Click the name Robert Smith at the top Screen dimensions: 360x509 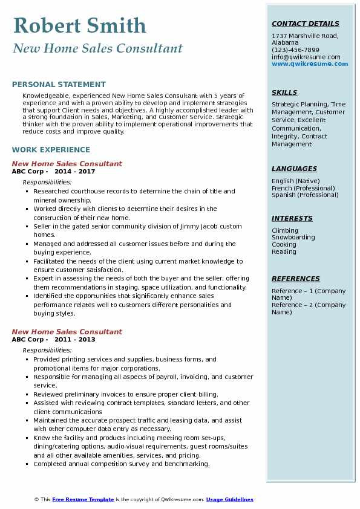pos(79,25)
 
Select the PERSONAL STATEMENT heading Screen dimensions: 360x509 pos(59,85)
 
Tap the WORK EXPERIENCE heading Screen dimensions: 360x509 pos(51,150)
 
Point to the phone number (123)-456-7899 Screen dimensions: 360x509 pos(295,50)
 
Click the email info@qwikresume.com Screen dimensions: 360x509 pos(306,57)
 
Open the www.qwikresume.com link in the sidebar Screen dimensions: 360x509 pos(306,63)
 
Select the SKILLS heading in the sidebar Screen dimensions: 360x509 pos(284,93)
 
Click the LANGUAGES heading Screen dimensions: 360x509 pos(294,169)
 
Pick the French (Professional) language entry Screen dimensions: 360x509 pos(303,188)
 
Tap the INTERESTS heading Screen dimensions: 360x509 pos(292,219)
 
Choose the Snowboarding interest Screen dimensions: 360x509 pos(293,238)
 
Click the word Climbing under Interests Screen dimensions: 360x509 pos(285,230)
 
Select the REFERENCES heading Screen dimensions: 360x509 pos(296,279)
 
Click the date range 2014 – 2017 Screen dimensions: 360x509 pos(74,172)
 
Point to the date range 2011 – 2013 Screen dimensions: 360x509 pos(74,340)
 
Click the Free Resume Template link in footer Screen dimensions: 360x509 pos(83,500)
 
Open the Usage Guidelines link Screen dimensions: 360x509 pos(229,500)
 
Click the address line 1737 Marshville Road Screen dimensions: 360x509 pos(305,36)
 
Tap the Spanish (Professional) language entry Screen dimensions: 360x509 pos(305,195)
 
